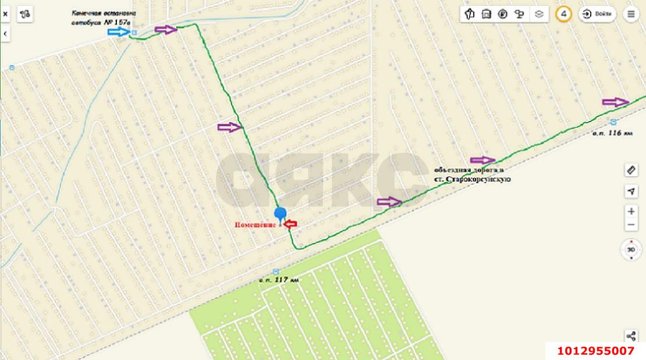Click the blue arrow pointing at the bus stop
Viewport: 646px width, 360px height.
pos(119,32)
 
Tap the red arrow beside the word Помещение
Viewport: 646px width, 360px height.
pos(290,224)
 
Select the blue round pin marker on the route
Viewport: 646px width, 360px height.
pos(281,213)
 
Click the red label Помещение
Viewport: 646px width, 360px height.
pos(256,224)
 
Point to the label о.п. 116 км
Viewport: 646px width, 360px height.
pos(612,133)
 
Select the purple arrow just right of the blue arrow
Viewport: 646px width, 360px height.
pos(166,29)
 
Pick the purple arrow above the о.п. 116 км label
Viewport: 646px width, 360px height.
pos(616,102)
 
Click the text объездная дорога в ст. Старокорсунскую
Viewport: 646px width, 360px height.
pos(471,174)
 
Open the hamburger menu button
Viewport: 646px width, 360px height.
pos(631,15)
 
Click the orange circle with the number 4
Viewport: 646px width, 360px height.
pos(563,15)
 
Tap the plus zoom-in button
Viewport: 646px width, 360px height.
pos(631,211)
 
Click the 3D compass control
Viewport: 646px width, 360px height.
pos(631,249)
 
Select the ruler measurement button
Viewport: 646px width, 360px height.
pos(631,170)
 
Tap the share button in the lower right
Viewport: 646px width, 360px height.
pos(631,336)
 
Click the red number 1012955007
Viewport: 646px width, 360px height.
pos(595,351)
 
